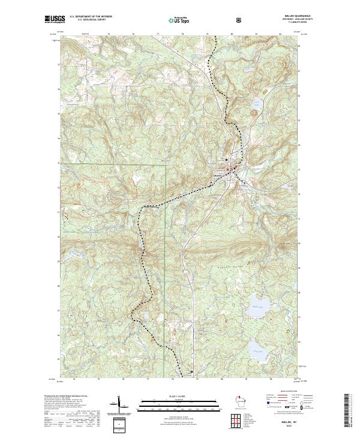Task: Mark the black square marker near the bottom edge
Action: (x=193, y=371)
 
